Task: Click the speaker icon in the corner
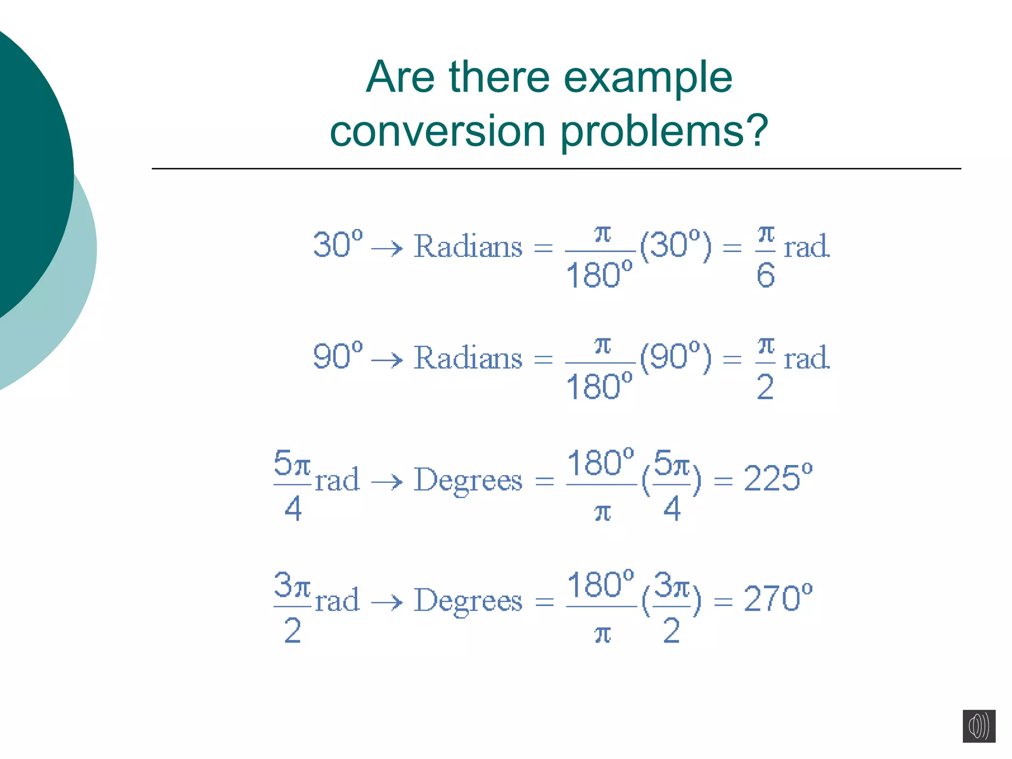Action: point(978,726)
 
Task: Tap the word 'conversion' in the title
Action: point(437,131)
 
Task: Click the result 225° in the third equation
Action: point(778,478)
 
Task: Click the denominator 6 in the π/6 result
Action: point(765,275)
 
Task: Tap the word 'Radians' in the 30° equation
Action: point(467,246)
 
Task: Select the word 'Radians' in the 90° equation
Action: point(467,358)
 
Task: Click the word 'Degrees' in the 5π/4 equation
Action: point(467,480)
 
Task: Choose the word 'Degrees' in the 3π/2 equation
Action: point(467,601)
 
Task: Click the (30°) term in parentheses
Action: point(676,245)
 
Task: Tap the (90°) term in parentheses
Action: point(676,357)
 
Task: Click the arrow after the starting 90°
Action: point(387,360)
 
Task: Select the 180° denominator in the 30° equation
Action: point(599,275)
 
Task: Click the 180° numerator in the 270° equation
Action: point(600,585)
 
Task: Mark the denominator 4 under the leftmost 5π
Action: point(293,508)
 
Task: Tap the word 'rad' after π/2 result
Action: point(806,358)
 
